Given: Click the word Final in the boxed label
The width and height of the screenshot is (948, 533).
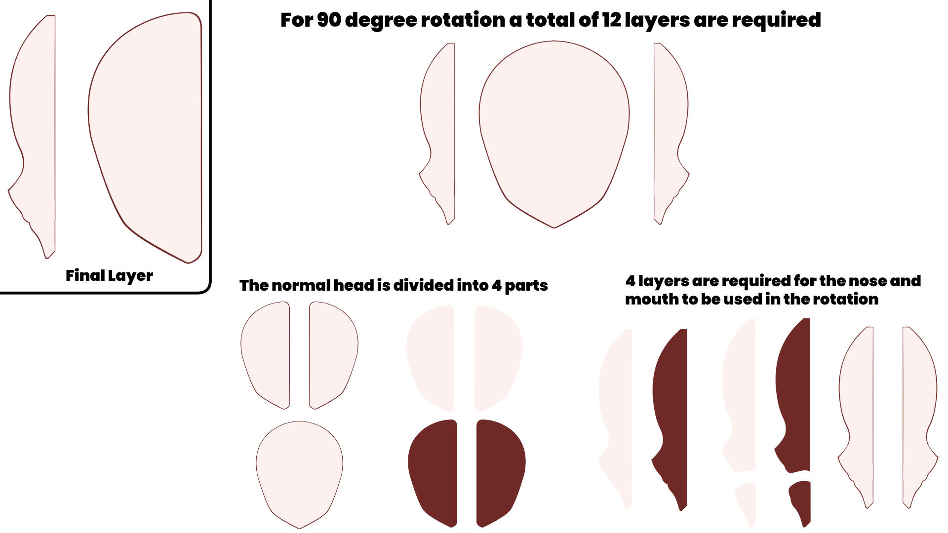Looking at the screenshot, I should (84, 275).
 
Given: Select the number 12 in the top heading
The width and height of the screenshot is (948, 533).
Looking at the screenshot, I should (611, 20).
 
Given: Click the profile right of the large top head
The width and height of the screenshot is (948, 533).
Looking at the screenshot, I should (669, 123).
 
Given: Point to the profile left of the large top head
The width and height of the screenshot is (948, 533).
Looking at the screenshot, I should (438, 123).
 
